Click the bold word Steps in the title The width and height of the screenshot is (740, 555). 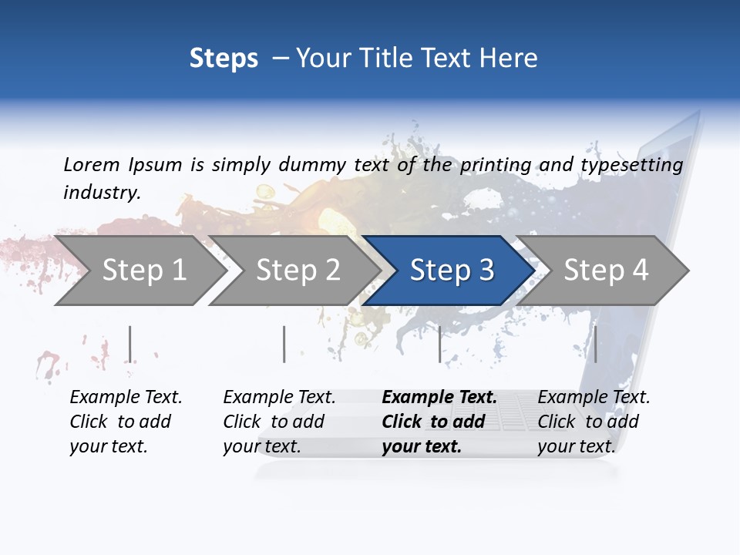coord(224,59)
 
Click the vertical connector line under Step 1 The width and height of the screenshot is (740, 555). coord(130,344)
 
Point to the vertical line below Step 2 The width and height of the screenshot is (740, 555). coord(284,344)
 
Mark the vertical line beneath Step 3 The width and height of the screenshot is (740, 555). coord(440,344)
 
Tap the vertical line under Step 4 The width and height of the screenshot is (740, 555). coord(596,344)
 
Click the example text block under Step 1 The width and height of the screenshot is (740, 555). coord(126,422)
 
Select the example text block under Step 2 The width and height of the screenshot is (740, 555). coord(279,422)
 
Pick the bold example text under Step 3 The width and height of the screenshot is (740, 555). coord(439,422)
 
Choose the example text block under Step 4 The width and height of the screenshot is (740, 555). coord(594,422)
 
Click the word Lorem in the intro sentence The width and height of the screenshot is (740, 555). coord(92,164)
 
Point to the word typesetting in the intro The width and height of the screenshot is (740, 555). coord(632,165)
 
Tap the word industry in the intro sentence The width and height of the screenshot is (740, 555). coord(102,192)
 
